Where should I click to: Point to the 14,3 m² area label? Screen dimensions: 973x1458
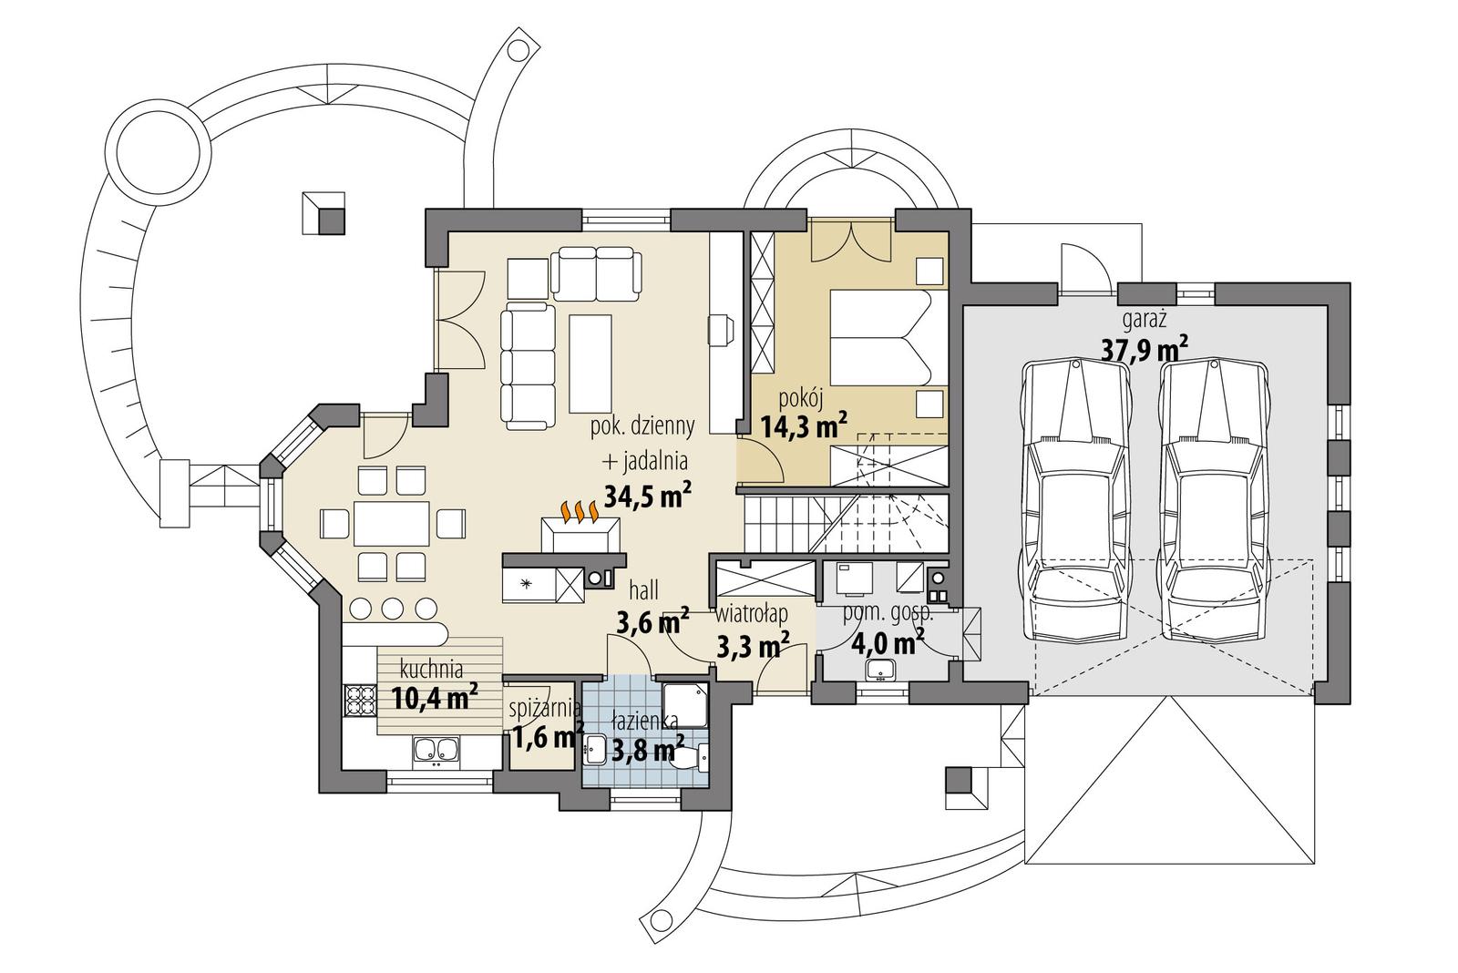pos(805,425)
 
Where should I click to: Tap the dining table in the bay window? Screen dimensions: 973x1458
pos(392,524)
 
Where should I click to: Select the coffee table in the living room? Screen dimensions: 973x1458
pos(590,363)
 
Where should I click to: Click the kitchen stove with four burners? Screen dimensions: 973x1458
pos(360,702)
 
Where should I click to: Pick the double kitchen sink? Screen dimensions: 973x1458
pos(436,750)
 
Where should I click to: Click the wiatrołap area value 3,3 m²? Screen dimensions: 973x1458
pos(753,646)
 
